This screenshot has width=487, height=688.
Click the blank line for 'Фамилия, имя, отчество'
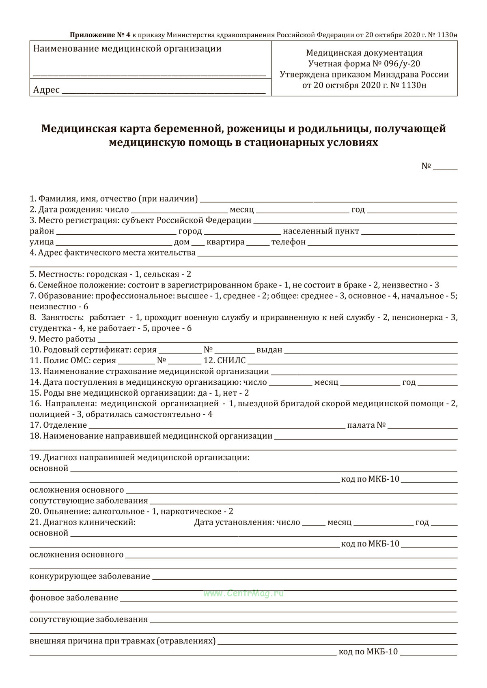[x=329, y=200]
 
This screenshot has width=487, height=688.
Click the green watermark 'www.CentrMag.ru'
[x=243, y=593]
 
